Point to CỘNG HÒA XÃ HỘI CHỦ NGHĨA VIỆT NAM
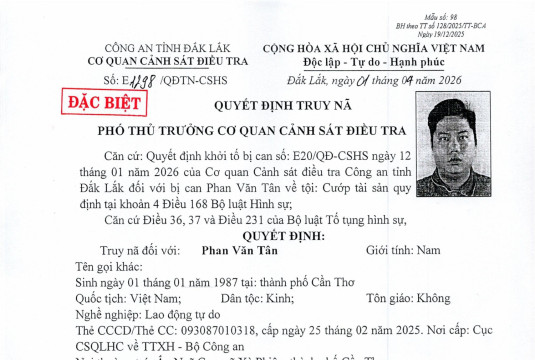(388, 47)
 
